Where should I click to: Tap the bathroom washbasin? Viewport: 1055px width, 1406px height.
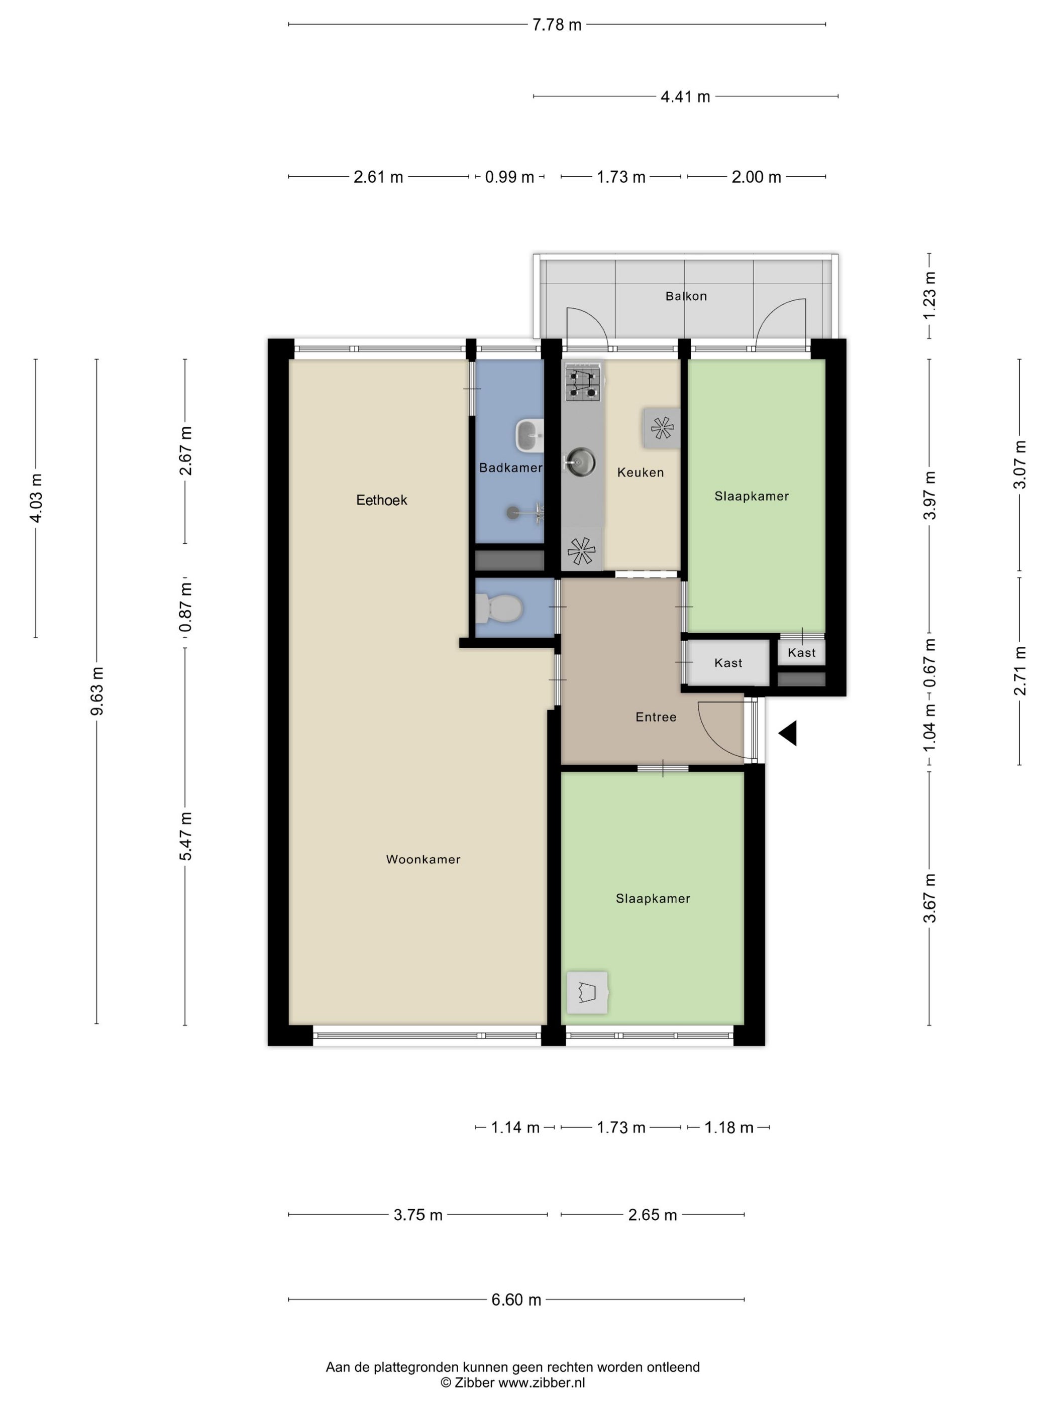529,435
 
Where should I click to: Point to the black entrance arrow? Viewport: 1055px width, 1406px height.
787,734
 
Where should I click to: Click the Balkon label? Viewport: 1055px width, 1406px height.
686,296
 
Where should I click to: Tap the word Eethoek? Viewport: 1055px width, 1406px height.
381,500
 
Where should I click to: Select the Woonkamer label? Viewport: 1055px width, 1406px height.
423,859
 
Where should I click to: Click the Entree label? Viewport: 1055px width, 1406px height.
656,717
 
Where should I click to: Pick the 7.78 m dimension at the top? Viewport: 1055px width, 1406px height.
557,25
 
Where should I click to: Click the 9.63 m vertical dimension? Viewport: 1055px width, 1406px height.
96,691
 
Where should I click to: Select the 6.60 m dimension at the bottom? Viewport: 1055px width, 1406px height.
516,1300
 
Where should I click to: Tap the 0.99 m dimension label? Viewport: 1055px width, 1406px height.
509,177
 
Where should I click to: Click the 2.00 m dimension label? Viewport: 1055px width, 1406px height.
756,177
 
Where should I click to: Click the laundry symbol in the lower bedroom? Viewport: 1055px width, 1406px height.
587,992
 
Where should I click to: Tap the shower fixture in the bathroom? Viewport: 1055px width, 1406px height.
526,512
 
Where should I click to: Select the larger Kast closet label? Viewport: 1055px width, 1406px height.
728,663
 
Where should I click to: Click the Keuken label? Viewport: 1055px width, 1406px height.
641,473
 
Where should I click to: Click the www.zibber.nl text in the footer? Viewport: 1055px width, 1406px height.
541,1383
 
